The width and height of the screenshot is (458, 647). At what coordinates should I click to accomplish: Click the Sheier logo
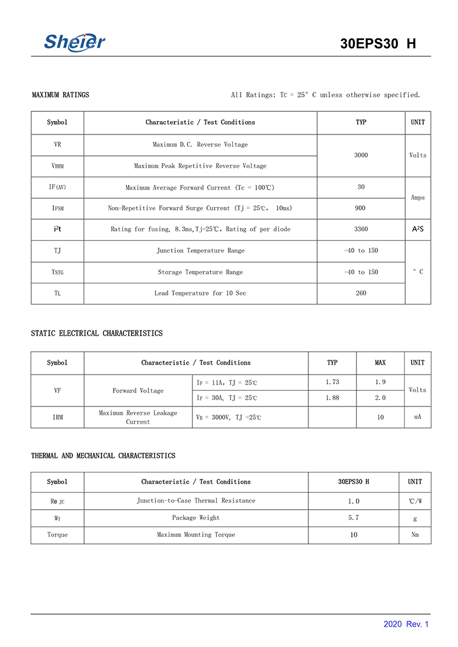(75, 42)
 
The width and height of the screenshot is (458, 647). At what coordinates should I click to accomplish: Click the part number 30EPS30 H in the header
(378, 44)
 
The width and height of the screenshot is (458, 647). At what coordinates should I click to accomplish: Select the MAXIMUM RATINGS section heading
(60, 94)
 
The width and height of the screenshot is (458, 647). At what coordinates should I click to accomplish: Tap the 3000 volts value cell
(361, 155)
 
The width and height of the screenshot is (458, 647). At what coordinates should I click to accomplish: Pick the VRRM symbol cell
(57, 166)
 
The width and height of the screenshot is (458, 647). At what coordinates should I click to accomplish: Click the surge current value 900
(361, 208)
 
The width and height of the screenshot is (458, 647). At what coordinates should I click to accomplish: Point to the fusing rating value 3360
(361, 229)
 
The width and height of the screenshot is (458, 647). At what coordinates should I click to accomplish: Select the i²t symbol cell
(57, 229)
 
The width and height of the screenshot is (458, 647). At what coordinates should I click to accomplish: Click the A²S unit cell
(417, 229)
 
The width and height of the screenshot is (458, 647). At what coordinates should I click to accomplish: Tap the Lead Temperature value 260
(361, 293)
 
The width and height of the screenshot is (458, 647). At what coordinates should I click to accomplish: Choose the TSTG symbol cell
(57, 272)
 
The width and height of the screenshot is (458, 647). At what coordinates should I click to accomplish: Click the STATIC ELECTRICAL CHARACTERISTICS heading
(97, 333)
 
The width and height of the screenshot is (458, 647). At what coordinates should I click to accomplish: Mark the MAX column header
(380, 363)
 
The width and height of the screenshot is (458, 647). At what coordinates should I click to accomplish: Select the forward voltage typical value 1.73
(332, 382)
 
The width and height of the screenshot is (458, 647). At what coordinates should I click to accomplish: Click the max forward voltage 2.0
(380, 398)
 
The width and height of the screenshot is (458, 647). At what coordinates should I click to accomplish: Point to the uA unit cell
(417, 417)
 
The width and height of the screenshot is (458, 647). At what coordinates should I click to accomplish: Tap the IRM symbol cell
(57, 417)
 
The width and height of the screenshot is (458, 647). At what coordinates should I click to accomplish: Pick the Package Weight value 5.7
(354, 518)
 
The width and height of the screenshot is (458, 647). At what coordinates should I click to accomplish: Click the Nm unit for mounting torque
(415, 535)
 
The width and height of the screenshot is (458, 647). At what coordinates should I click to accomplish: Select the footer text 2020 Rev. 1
(406, 624)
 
